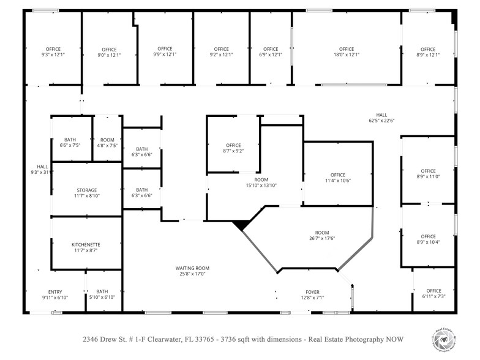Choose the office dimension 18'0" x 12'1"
pyautogui.click(x=347, y=54)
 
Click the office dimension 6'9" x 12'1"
pyautogui.click(x=271, y=54)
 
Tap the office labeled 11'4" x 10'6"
pyautogui.click(x=338, y=178)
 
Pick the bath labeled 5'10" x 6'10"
pyautogui.click(x=102, y=294)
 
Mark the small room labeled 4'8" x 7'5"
pyautogui.click(x=107, y=142)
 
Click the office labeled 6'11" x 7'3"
pyautogui.click(x=433, y=293)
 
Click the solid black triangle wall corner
pyautogui.click(x=241, y=225)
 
